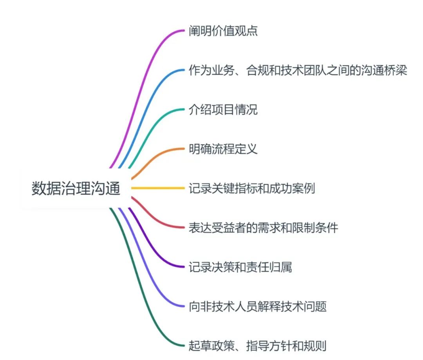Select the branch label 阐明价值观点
[x=223, y=31]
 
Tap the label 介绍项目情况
[x=223, y=110]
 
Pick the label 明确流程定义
[x=223, y=149]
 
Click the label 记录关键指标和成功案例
[x=251, y=189]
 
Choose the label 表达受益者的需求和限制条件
[x=263, y=228]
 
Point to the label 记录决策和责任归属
[x=240, y=267]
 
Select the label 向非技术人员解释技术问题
[x=257, y=306]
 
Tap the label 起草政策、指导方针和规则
[x=257, y=346]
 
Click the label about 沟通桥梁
[x=298, y=71]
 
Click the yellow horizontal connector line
[x=157, y=189]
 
